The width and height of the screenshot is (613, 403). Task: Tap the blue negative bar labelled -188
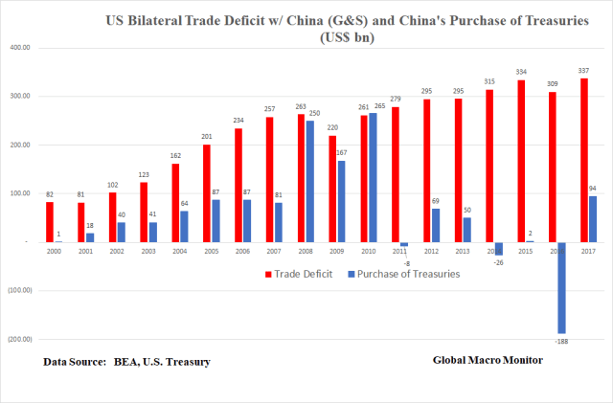563,287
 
